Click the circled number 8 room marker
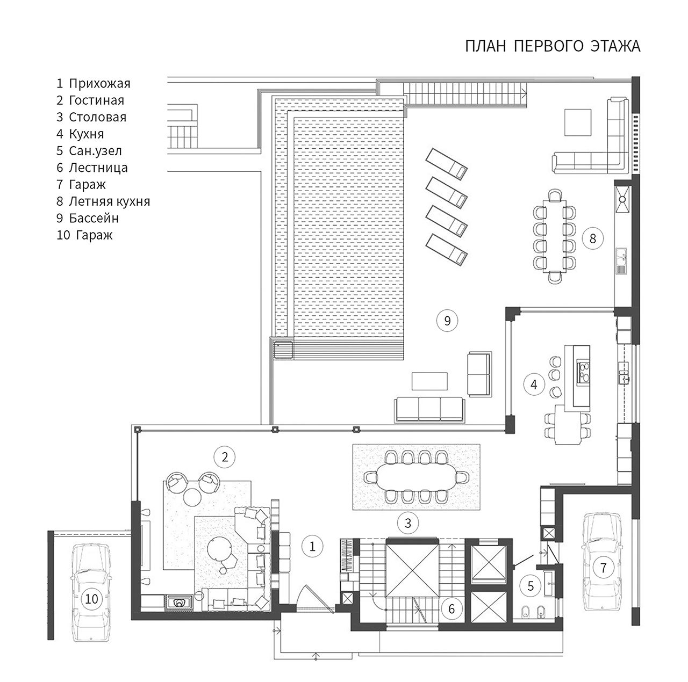[x=592, y=238]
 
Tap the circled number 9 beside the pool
[x=447, y=321]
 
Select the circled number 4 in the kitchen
[x=534, y=384]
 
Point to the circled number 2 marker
[x=225, y=457]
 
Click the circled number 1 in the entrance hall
[x=312, y=546]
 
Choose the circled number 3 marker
[x=408, y=523]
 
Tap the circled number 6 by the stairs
[x=451, y=609]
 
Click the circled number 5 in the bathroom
[x=531, y=586]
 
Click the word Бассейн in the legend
[x=94, y=218]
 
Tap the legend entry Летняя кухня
[x=109, y=201]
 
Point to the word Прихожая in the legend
[x=99, y=84]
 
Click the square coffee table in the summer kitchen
[x=578, y=122]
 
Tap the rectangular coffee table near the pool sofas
[x=429, y=381]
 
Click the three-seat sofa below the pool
[x=429, y=409]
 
